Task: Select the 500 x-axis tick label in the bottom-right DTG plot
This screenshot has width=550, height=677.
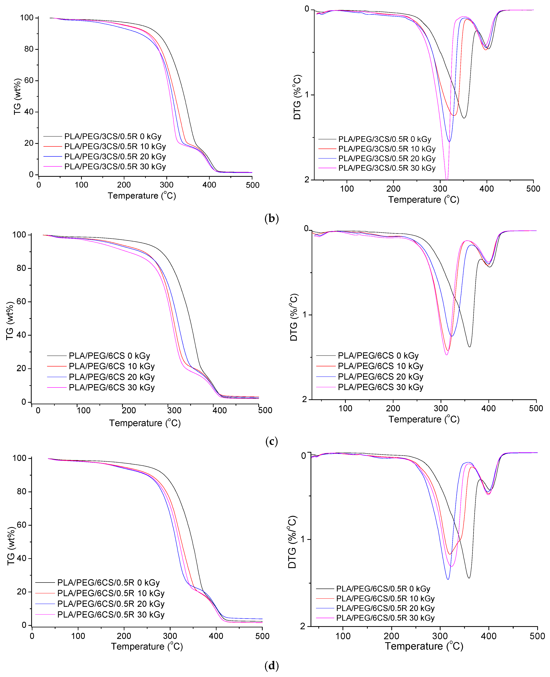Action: [537, 636]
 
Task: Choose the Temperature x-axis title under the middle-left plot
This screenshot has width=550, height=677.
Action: [145, 423]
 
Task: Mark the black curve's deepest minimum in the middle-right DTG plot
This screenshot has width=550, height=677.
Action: [469, 347]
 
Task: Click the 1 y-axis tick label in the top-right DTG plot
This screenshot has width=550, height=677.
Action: [307, 95]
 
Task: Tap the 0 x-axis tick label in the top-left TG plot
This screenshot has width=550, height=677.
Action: [39, 185]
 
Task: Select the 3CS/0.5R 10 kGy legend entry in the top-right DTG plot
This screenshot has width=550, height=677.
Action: [386, 149]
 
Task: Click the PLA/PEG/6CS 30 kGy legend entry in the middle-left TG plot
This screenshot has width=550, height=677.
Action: [111, 387]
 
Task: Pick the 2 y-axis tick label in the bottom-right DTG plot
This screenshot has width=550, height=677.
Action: [303, 626]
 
